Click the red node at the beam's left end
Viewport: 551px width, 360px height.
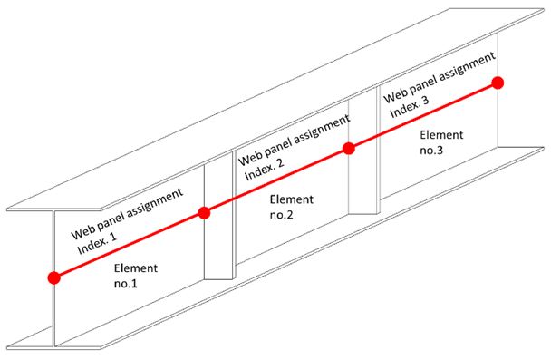(54, 277)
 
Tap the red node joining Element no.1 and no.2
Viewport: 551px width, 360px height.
(204, 213)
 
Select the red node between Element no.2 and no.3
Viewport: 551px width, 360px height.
(349, 149)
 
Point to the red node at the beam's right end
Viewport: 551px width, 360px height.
(497, 83)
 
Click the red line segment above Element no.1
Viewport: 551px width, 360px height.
(129, 245)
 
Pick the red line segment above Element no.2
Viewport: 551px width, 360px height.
(276, 180)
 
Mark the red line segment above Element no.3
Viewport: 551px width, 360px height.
(422, 116)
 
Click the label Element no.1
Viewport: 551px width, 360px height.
(137, 277)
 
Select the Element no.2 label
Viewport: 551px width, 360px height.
(291, 208)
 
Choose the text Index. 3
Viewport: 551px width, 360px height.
(407, 106)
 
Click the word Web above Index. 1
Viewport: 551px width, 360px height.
(83, 229)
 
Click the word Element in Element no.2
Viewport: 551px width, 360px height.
(291, 199)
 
